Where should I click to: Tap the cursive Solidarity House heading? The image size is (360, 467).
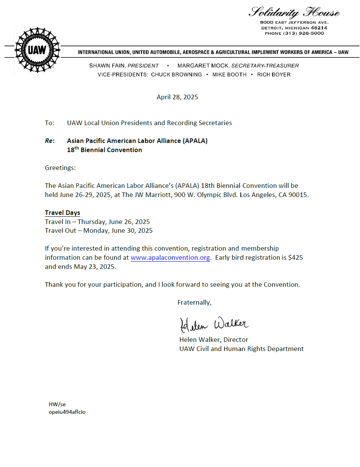(x=294, y=13)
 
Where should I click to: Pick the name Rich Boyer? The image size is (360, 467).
(x=274, y=75)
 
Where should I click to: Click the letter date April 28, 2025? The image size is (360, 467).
(x=177, y=97)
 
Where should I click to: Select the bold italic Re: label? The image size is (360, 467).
(x=50, y=141)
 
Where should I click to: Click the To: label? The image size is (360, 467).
(x=50, y=123)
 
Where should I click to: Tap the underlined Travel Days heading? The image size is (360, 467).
(x=62, y=213)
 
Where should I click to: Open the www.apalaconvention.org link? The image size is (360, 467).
(x=170, y=257)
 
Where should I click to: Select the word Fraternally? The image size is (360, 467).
(x=194, y=302)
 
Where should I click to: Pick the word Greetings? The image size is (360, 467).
(x=60, y=168)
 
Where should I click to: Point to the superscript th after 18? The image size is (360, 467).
(x=76, y=148)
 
